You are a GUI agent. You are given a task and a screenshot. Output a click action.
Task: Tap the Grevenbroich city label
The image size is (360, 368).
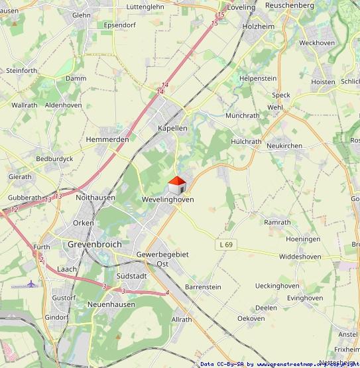(x=95, y=244)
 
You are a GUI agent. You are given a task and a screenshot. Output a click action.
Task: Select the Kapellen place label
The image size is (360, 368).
(x=172, y=127)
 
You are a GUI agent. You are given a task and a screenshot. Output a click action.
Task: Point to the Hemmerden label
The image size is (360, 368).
(x=107, y=140)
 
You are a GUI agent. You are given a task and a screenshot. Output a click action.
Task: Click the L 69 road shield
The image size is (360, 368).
(x=226, y=245)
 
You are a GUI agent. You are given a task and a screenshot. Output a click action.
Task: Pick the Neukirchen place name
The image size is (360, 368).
(x=284, y=145)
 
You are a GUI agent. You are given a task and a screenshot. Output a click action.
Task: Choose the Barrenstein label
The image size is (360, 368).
(x=203, y=286)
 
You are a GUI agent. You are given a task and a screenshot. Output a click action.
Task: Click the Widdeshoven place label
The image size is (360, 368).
(x=300, y=256)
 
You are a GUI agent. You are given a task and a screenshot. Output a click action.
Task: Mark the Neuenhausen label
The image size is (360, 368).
(x=111, y=304)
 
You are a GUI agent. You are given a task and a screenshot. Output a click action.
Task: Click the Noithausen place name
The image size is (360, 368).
(x=95, y=197)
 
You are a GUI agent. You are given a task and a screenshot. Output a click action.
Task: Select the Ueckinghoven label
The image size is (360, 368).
(x=276, y=286)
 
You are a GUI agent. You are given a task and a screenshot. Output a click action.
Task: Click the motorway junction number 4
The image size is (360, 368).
(x=167, y=292)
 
